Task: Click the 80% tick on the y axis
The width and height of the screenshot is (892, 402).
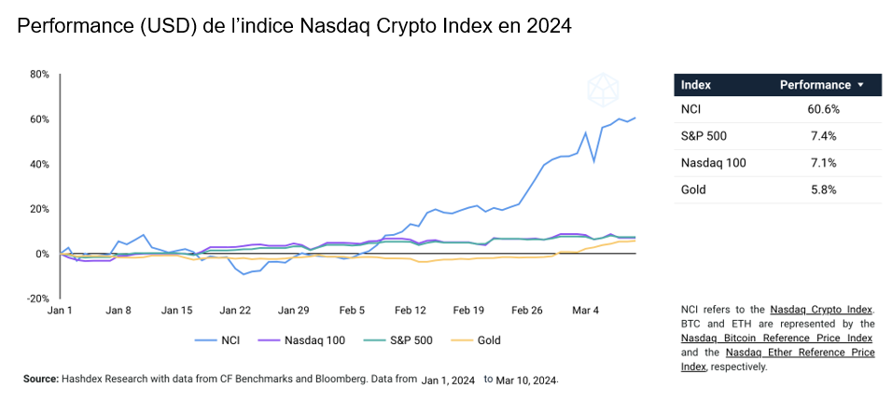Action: [38, 74]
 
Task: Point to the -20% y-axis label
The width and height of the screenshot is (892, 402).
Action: [36, 298]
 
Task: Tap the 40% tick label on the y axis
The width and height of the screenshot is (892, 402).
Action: [38, 164]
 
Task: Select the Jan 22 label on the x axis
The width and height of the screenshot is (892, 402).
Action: [235, 310]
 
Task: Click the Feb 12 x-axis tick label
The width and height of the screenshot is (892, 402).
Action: [411, 310]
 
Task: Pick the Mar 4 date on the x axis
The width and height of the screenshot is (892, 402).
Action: [585, 310]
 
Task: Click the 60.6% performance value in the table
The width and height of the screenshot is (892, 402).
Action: [823, 109]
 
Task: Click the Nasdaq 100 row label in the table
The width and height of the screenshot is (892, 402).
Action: [713, 163]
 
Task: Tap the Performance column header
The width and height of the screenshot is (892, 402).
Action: [815, 85]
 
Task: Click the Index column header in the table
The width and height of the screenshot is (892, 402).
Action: [696, 85]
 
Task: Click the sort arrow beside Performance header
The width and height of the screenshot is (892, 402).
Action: [860, 85]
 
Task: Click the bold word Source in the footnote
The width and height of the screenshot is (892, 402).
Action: [41, 380]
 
